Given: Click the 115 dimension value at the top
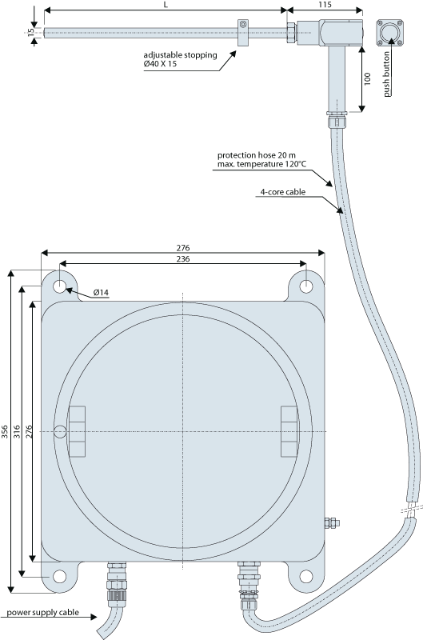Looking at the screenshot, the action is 325,5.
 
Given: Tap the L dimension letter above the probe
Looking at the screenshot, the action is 166,5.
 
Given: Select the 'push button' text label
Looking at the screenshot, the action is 387,74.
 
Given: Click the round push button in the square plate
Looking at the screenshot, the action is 389,32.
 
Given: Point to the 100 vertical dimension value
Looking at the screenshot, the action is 368,78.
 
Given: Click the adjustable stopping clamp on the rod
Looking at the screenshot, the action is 243,32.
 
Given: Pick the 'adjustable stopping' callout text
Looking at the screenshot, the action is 180,55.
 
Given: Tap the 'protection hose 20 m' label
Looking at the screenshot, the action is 257,155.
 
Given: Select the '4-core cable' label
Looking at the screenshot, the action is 283,192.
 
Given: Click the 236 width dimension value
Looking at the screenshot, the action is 183,258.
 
